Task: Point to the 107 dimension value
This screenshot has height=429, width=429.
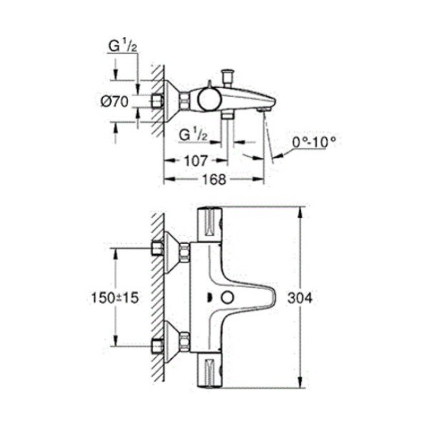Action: [195, 160]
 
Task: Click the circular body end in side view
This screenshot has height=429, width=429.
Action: [208, 100]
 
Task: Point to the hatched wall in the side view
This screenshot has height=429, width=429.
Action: [156, 99]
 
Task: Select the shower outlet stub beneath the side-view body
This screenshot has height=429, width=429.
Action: [228, 115]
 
